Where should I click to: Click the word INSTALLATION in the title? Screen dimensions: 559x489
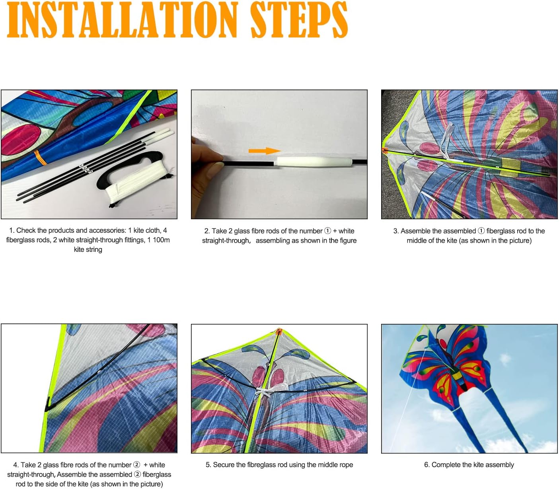123,19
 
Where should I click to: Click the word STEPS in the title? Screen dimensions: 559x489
299,19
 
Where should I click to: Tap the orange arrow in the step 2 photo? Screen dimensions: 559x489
265,150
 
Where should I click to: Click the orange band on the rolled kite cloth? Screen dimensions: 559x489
41,158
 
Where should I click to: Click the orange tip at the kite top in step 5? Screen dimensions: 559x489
279,331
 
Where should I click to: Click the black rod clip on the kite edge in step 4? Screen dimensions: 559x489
49,405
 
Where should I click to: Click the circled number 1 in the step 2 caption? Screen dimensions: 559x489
327,231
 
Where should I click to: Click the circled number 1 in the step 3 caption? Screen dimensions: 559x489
481,231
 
